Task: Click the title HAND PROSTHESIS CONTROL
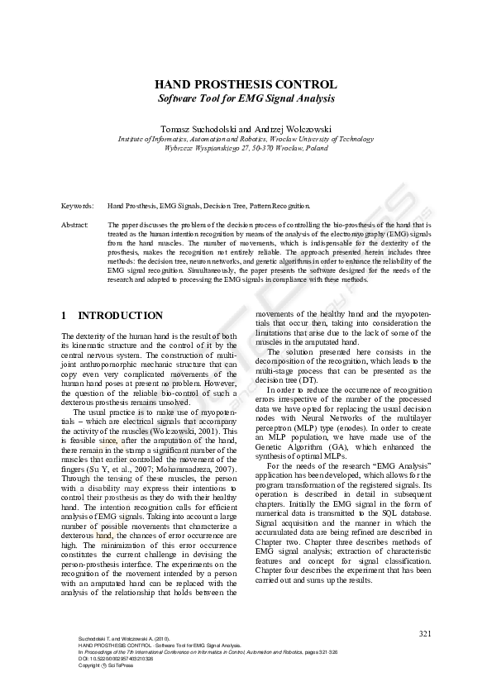click(246, 84)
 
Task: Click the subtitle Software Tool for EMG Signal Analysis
click(246, 98)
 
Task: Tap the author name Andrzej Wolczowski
click(286, 130)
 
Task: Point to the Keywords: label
click(77, 205)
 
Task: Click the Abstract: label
click(75, 225)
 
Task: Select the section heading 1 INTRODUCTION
click(112, 316)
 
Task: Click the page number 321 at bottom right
click(425, 634)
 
